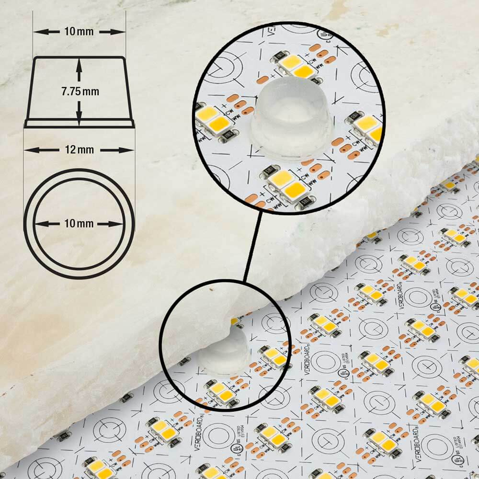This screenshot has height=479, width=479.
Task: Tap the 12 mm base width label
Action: coord(79,150)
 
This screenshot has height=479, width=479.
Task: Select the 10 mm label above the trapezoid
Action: coord(79,32)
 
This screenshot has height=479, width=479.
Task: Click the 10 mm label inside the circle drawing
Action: coord(79,224)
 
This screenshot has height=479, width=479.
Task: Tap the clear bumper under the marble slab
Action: coord(225,352)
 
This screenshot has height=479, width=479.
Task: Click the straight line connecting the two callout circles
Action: coord(252,247)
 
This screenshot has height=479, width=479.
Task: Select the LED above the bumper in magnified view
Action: coord(297,66)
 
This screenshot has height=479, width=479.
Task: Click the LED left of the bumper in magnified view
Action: coord(214,120)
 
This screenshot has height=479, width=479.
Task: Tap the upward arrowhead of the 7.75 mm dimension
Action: coord(79,63)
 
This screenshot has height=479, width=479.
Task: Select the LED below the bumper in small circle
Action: coord(221,392)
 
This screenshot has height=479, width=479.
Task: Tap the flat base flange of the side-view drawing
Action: coord(79,124)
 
